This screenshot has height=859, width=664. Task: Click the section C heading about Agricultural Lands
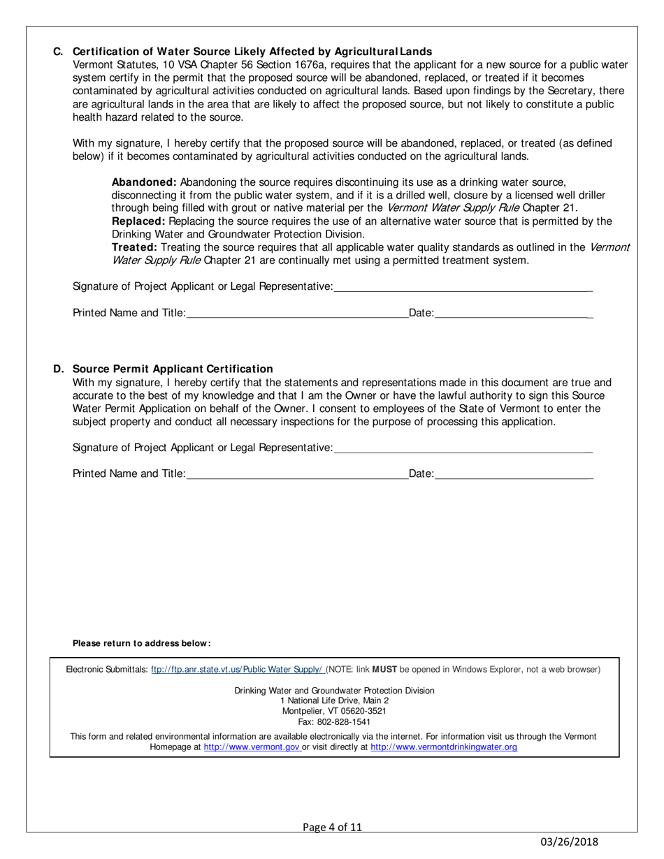(x=252, y=52)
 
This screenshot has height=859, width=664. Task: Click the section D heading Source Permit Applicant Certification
(x=173, y=369)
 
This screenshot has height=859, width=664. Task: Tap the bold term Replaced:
(x=138, y=221)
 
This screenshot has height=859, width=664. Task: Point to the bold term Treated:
(x=134, y=247)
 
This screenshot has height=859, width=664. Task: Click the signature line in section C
(x=463, y=288)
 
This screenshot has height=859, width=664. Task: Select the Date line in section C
(x=514, y=314)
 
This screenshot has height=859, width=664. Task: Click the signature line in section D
(x=463, y=448)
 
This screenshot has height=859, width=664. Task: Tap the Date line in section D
(x=514, y=475)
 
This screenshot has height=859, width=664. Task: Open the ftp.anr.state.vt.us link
(x=237, y=670)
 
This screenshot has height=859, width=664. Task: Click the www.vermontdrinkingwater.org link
(x=444, y=747)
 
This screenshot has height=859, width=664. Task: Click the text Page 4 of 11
(x=333, y=828)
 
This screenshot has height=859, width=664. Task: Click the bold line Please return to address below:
(x=142, y=643)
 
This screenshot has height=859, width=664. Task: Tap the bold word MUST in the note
(x=384, y=670)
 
